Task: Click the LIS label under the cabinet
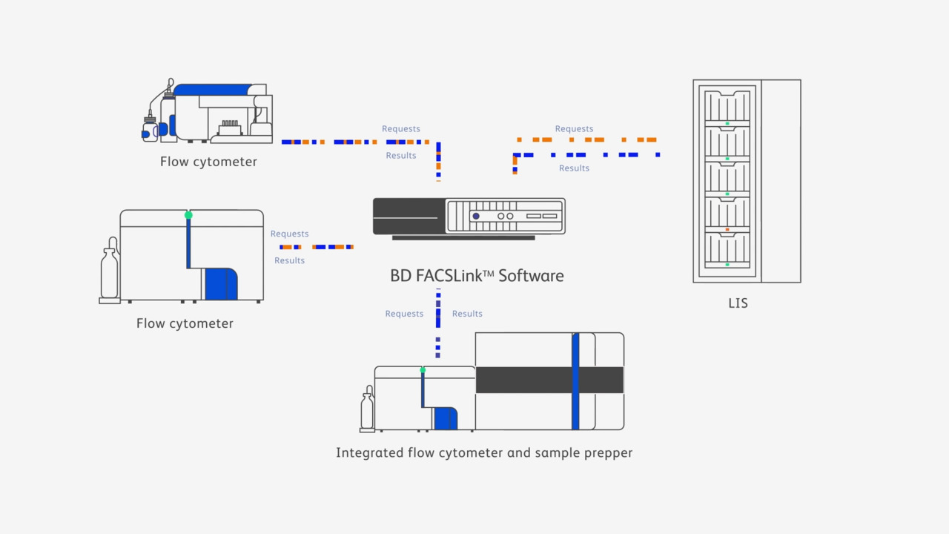pos(738,303)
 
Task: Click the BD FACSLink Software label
pos(477,276)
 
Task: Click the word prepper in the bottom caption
pos(607,452)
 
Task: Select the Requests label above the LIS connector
pos(574,129)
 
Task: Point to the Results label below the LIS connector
pos(574,168)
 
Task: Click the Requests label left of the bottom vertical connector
pos(404,314)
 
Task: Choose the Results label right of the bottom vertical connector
pos(467,314)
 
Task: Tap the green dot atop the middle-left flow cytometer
pos(188,215)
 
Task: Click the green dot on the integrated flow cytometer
pos(423,369)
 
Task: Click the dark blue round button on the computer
pos(476,216)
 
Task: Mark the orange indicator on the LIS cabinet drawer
pos(727,230)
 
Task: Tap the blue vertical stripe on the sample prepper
pos(575,381)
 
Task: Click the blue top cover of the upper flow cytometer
pos(214,90)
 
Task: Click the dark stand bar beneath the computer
pos(463,238)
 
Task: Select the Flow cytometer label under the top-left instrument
pos(208,162)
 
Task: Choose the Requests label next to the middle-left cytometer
pos(289,234)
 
